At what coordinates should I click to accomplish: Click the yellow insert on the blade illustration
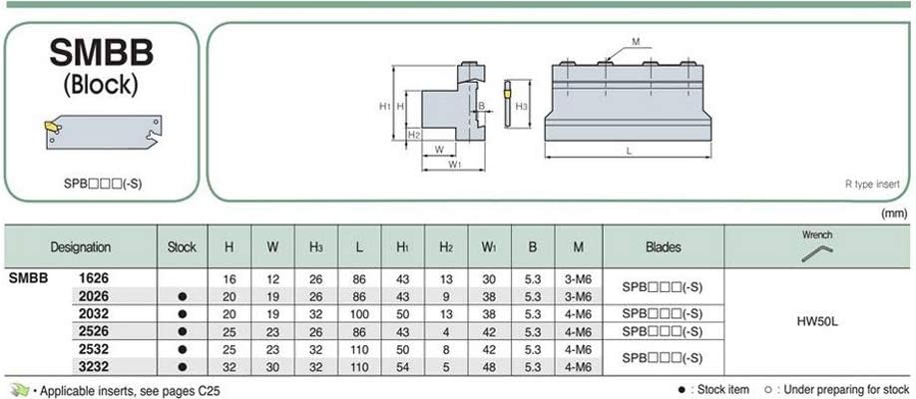click(50, 127)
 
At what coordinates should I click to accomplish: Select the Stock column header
click(181, 246)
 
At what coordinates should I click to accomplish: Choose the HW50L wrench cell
click(816, 322)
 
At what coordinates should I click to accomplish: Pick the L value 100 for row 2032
click(358, 313)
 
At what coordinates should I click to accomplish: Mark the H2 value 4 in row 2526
click(445, 331)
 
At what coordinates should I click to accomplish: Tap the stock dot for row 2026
click(181, 296)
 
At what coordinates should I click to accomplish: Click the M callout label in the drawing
click(635, 42)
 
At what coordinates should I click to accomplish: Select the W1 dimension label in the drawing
click(454, 166)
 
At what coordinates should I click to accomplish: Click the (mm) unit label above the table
click(893, 213)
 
